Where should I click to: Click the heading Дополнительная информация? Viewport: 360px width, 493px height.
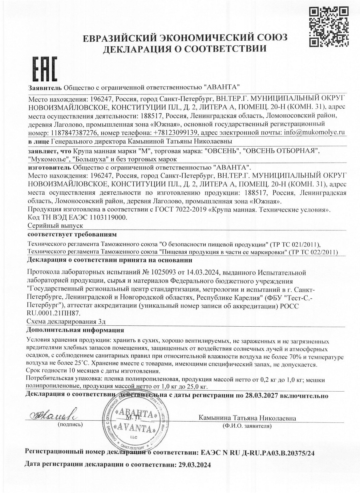tap(75, 330)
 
